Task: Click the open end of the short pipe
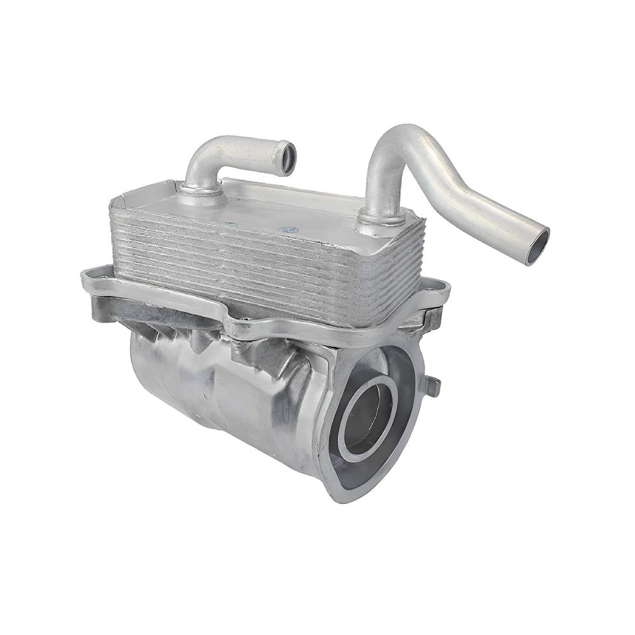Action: [x=288, y=158]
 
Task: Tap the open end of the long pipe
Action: [x=537, y=246]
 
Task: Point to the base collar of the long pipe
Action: [x=382, y=217]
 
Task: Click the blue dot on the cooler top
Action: [x=291, y=229]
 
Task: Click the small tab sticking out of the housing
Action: [x=432, y=385]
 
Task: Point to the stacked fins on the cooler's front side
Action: [x=254, y=267]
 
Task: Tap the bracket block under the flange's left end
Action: [x=105, y=308]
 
